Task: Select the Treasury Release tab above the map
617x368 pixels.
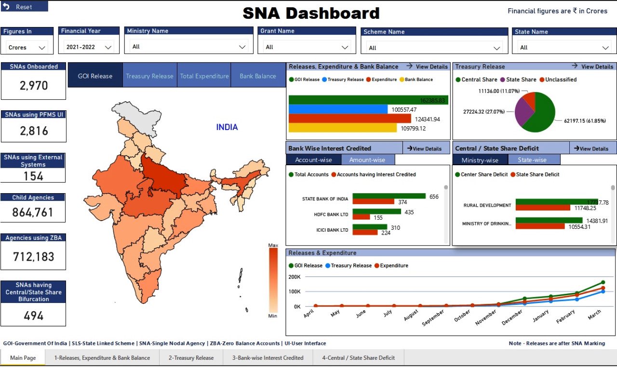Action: point(149,76)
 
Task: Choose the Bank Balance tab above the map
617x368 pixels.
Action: point(258,76)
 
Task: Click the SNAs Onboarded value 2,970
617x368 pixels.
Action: point(34,86)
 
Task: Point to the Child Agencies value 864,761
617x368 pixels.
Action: point(33,212)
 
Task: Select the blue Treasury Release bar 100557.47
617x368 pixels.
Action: point(337,109)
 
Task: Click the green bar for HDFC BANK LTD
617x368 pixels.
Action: point(376,211)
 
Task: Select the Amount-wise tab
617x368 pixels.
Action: point(367,160)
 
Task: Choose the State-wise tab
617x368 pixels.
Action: point(532,160)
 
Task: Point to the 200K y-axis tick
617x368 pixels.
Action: point(294,277)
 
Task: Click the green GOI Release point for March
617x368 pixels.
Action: point(603,282)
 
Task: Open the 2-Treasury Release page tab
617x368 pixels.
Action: point(191,358)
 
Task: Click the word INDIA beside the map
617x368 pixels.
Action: point(227,127)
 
